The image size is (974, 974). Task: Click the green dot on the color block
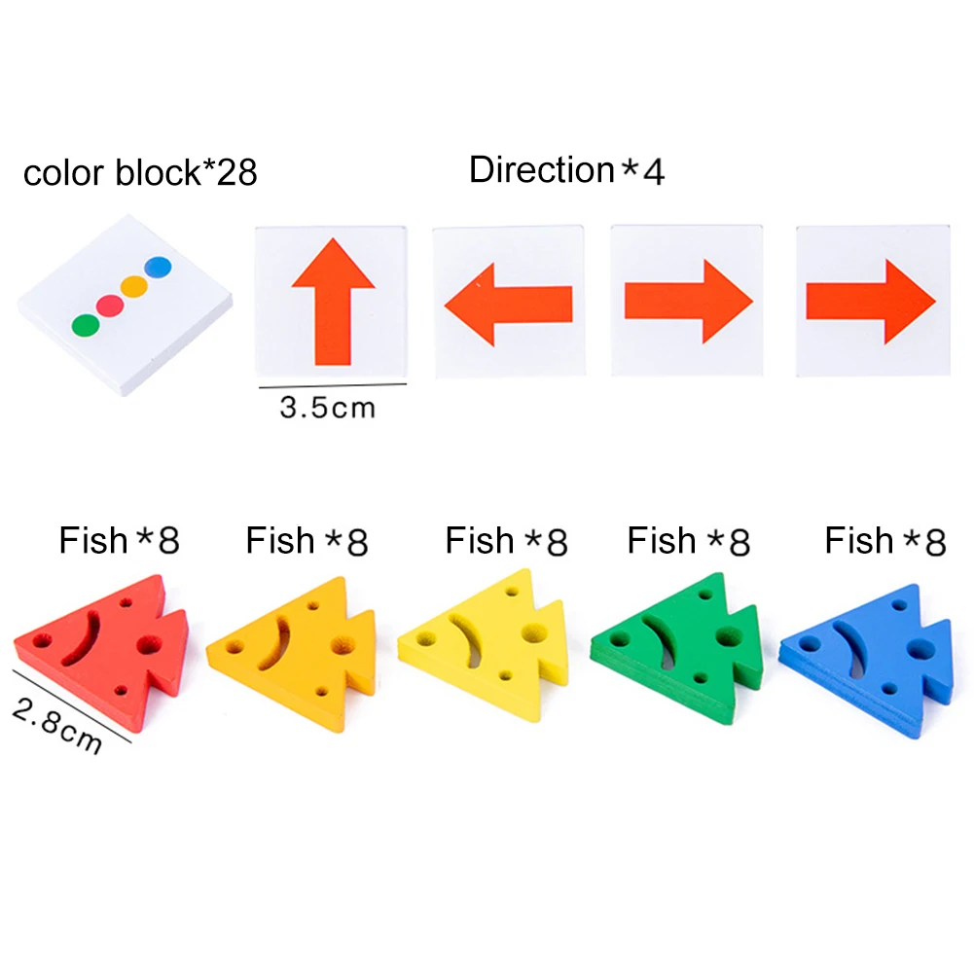point(86,323)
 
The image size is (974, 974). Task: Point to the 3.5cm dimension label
point(327,406)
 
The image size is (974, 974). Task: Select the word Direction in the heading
point(541,169)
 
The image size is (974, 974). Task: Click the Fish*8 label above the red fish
point(119,540)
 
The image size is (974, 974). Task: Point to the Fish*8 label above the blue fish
point(885,540)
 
